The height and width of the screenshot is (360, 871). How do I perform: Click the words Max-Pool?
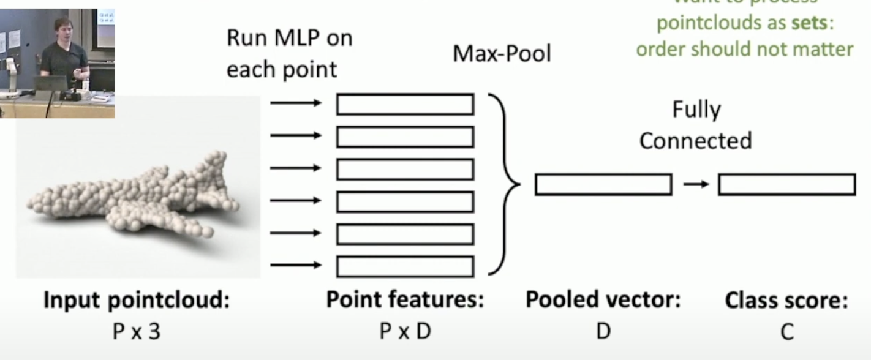502,54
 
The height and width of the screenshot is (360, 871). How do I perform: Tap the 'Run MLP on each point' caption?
289,54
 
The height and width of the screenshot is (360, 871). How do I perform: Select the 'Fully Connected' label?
696,125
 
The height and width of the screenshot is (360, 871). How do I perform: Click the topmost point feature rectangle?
405,104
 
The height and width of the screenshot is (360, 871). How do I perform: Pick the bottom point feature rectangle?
405,266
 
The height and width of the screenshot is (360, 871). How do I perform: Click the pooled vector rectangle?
603,184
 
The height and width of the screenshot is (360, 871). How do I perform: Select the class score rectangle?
786,184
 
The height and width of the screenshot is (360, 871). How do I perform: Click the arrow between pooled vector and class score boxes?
695,184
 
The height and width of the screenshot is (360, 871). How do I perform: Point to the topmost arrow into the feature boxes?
295,103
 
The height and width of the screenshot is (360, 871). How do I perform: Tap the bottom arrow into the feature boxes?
295,266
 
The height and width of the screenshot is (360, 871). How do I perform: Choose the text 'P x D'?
405,331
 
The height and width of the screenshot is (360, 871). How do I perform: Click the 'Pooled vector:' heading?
603,301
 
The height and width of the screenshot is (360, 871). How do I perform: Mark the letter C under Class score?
786,332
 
